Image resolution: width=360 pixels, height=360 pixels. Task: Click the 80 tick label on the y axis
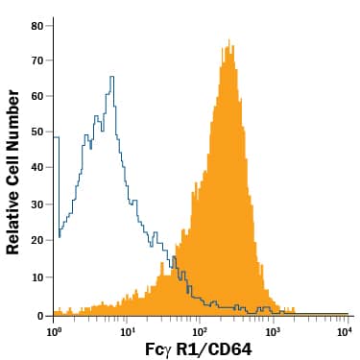[37, 25]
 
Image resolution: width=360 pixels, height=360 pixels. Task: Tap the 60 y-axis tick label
[37, 97]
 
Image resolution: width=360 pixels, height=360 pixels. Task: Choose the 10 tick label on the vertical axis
[37, 277]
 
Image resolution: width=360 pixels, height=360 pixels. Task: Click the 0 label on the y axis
[41, 314]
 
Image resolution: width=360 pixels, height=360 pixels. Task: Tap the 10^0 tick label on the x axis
[54, 330]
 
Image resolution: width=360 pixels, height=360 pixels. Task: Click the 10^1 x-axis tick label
[127, 330]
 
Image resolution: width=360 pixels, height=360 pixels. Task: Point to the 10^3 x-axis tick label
[273, 330]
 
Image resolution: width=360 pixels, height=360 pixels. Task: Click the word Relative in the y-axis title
[13, 218]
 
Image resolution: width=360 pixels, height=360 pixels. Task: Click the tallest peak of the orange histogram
[229, 40]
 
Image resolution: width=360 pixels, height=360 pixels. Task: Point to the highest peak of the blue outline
[112, 77]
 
